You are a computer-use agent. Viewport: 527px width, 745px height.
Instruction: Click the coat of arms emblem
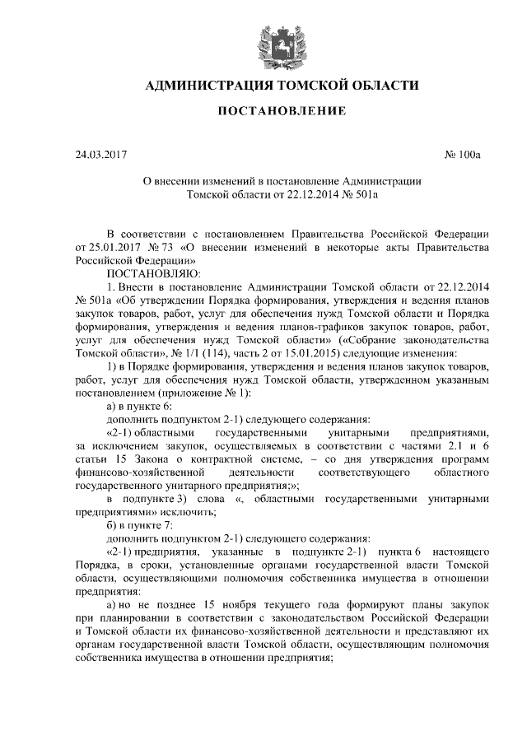point(263,42)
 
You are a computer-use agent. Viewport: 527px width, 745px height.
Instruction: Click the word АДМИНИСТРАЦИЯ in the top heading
point(208,86)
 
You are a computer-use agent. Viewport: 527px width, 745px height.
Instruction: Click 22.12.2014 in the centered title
point(314,197)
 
